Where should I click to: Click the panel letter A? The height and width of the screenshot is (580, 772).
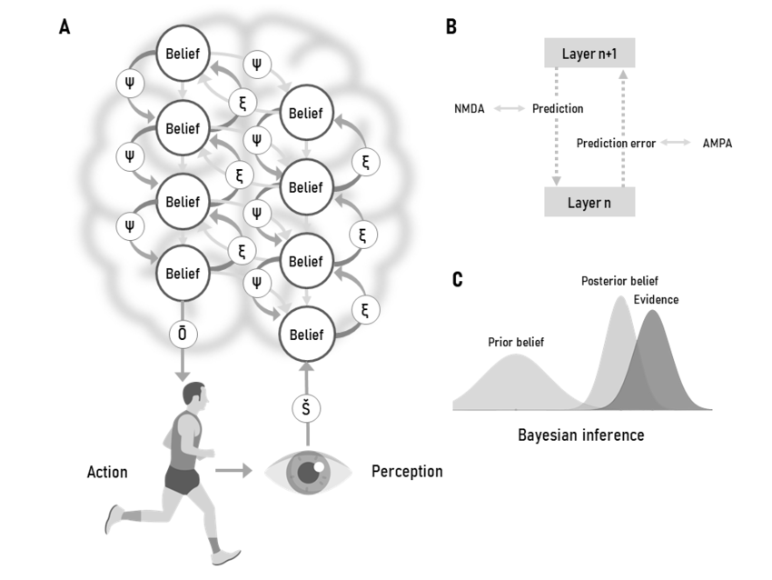64,27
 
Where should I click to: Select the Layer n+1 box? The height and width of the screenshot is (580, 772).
589,53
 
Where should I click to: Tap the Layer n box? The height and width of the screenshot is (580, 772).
589,202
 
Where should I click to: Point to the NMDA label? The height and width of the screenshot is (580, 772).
470,109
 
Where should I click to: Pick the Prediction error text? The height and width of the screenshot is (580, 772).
616,144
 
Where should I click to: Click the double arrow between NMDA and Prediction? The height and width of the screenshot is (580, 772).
508,109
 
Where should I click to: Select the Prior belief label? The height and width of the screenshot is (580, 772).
516,342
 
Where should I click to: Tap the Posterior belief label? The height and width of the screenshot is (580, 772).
619,281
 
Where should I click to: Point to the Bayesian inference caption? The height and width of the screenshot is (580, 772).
580,435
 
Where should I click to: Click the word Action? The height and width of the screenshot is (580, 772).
107,472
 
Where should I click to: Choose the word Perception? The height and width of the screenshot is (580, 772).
407,472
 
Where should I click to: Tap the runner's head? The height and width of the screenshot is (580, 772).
193,395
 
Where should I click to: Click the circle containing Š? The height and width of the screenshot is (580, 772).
306,409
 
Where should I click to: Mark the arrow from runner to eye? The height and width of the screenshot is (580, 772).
234,471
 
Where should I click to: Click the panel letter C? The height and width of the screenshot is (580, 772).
458,279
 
